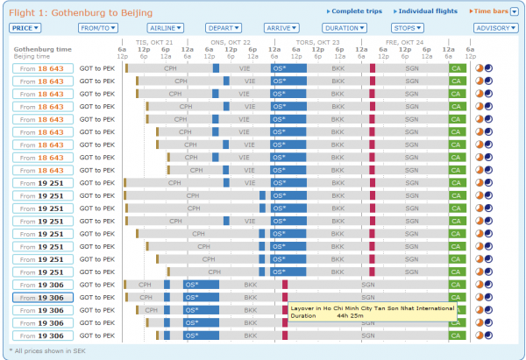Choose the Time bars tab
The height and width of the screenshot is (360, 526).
487,11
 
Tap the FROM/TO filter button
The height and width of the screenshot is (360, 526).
97,28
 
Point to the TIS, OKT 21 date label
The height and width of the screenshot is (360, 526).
156,42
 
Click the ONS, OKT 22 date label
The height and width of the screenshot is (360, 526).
231,42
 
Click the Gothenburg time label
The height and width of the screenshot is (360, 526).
39,49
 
